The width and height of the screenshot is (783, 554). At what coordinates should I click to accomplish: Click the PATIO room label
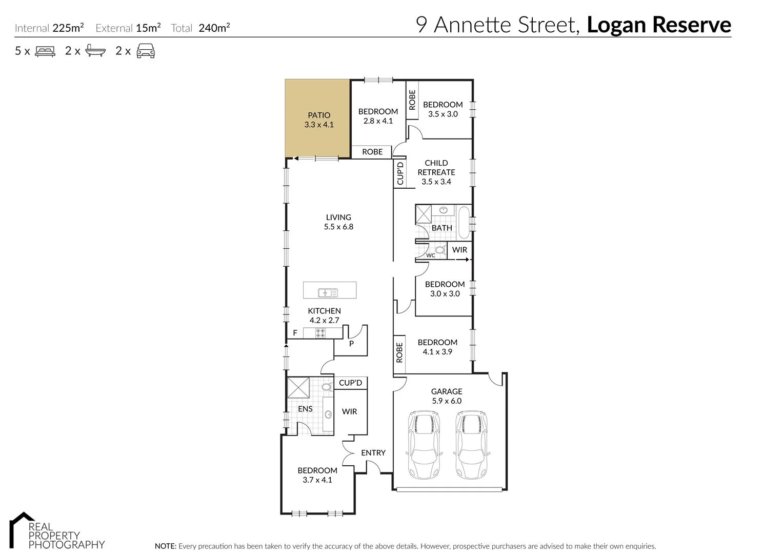(319, 115)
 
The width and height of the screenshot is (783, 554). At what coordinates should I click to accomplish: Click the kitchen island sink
(328, 293)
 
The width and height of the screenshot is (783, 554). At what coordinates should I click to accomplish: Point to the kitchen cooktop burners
(320, 333)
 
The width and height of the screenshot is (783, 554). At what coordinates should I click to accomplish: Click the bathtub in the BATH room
(464, 223)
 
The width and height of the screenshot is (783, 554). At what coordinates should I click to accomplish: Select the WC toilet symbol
(440, 250)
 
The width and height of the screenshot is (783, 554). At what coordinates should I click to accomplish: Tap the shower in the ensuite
(298, 388)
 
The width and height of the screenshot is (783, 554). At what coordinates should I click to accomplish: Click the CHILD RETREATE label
(436, 168)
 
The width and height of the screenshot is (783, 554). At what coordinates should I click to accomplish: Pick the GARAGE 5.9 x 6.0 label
(447, 396)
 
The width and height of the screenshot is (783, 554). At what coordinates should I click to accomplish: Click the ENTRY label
(373, 452)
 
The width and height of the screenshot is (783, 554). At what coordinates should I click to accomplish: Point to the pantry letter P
(351, 344)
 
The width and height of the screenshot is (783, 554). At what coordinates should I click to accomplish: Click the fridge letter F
(295, 333)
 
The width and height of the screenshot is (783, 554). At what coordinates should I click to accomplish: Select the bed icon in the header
(45, 51)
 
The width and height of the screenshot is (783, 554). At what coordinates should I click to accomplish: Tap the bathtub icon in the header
(96, 51)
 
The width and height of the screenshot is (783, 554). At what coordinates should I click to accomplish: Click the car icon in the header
(146, 51)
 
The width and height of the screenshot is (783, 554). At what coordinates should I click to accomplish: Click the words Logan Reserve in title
(658, 25)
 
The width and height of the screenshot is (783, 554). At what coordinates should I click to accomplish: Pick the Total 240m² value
(213, 28)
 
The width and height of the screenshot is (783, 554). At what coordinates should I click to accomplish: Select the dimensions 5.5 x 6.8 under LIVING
(338, 226)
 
